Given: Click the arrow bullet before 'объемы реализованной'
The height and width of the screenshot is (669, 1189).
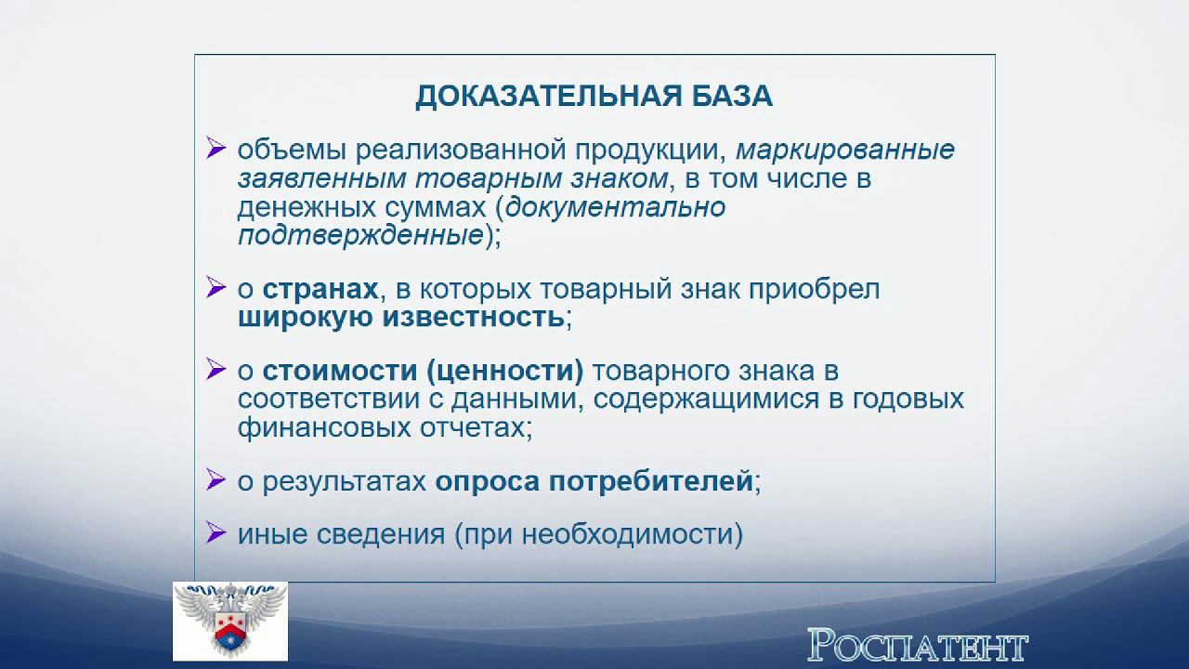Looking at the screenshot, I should [216, 149].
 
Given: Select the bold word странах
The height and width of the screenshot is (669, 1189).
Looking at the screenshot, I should [320, 289].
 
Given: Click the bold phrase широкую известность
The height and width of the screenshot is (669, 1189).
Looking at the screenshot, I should [400, 318].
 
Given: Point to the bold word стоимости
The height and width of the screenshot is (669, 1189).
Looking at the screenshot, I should [340, 372].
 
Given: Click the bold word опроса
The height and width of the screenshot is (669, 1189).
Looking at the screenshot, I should [488, 481].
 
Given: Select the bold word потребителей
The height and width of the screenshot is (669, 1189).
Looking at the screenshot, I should [650, 481].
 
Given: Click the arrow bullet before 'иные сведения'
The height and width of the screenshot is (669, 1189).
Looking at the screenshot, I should [216, 533].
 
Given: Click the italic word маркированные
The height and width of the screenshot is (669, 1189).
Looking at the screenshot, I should [844, 150].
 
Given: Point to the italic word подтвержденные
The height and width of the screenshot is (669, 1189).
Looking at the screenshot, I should [359, 235].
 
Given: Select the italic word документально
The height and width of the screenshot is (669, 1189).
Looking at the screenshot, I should [615, 206].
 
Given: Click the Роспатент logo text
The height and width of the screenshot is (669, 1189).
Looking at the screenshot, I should [917, 644].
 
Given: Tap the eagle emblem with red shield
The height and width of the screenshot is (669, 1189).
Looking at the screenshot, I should [229, 620].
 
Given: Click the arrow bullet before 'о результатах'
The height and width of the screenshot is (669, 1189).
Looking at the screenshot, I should [216, 479].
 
